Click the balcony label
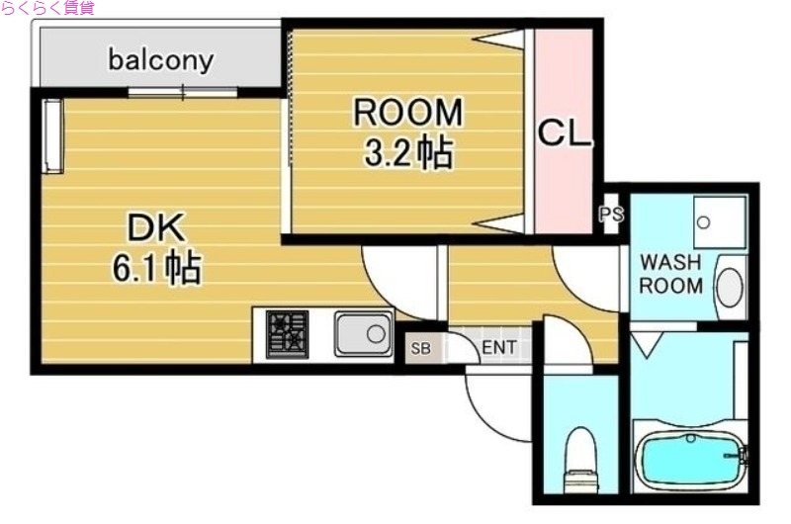pyautogui.click(x=160, y=60)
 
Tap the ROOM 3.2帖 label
pyautogui.click(x=408, y=131)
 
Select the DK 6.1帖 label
pyautogui.click(x=155, y=248)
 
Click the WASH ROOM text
pyautogui.click(x=671, y=275)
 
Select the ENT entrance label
pyautogui.click(x=498, y=348)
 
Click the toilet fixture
pyautogui.click(x=580, y=460)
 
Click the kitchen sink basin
pyautogui.click(x=363, y=334)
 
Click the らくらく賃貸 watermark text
pyautogui.click(x=47, y=8)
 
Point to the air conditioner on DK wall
pyautogui.click(x=52, y=135)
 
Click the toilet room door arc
pyautogui.click(x=566, y=341)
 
